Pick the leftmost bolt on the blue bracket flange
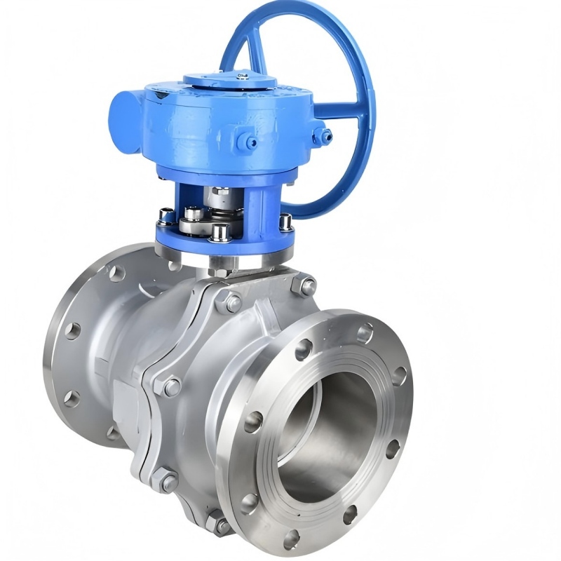(165, 217)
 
